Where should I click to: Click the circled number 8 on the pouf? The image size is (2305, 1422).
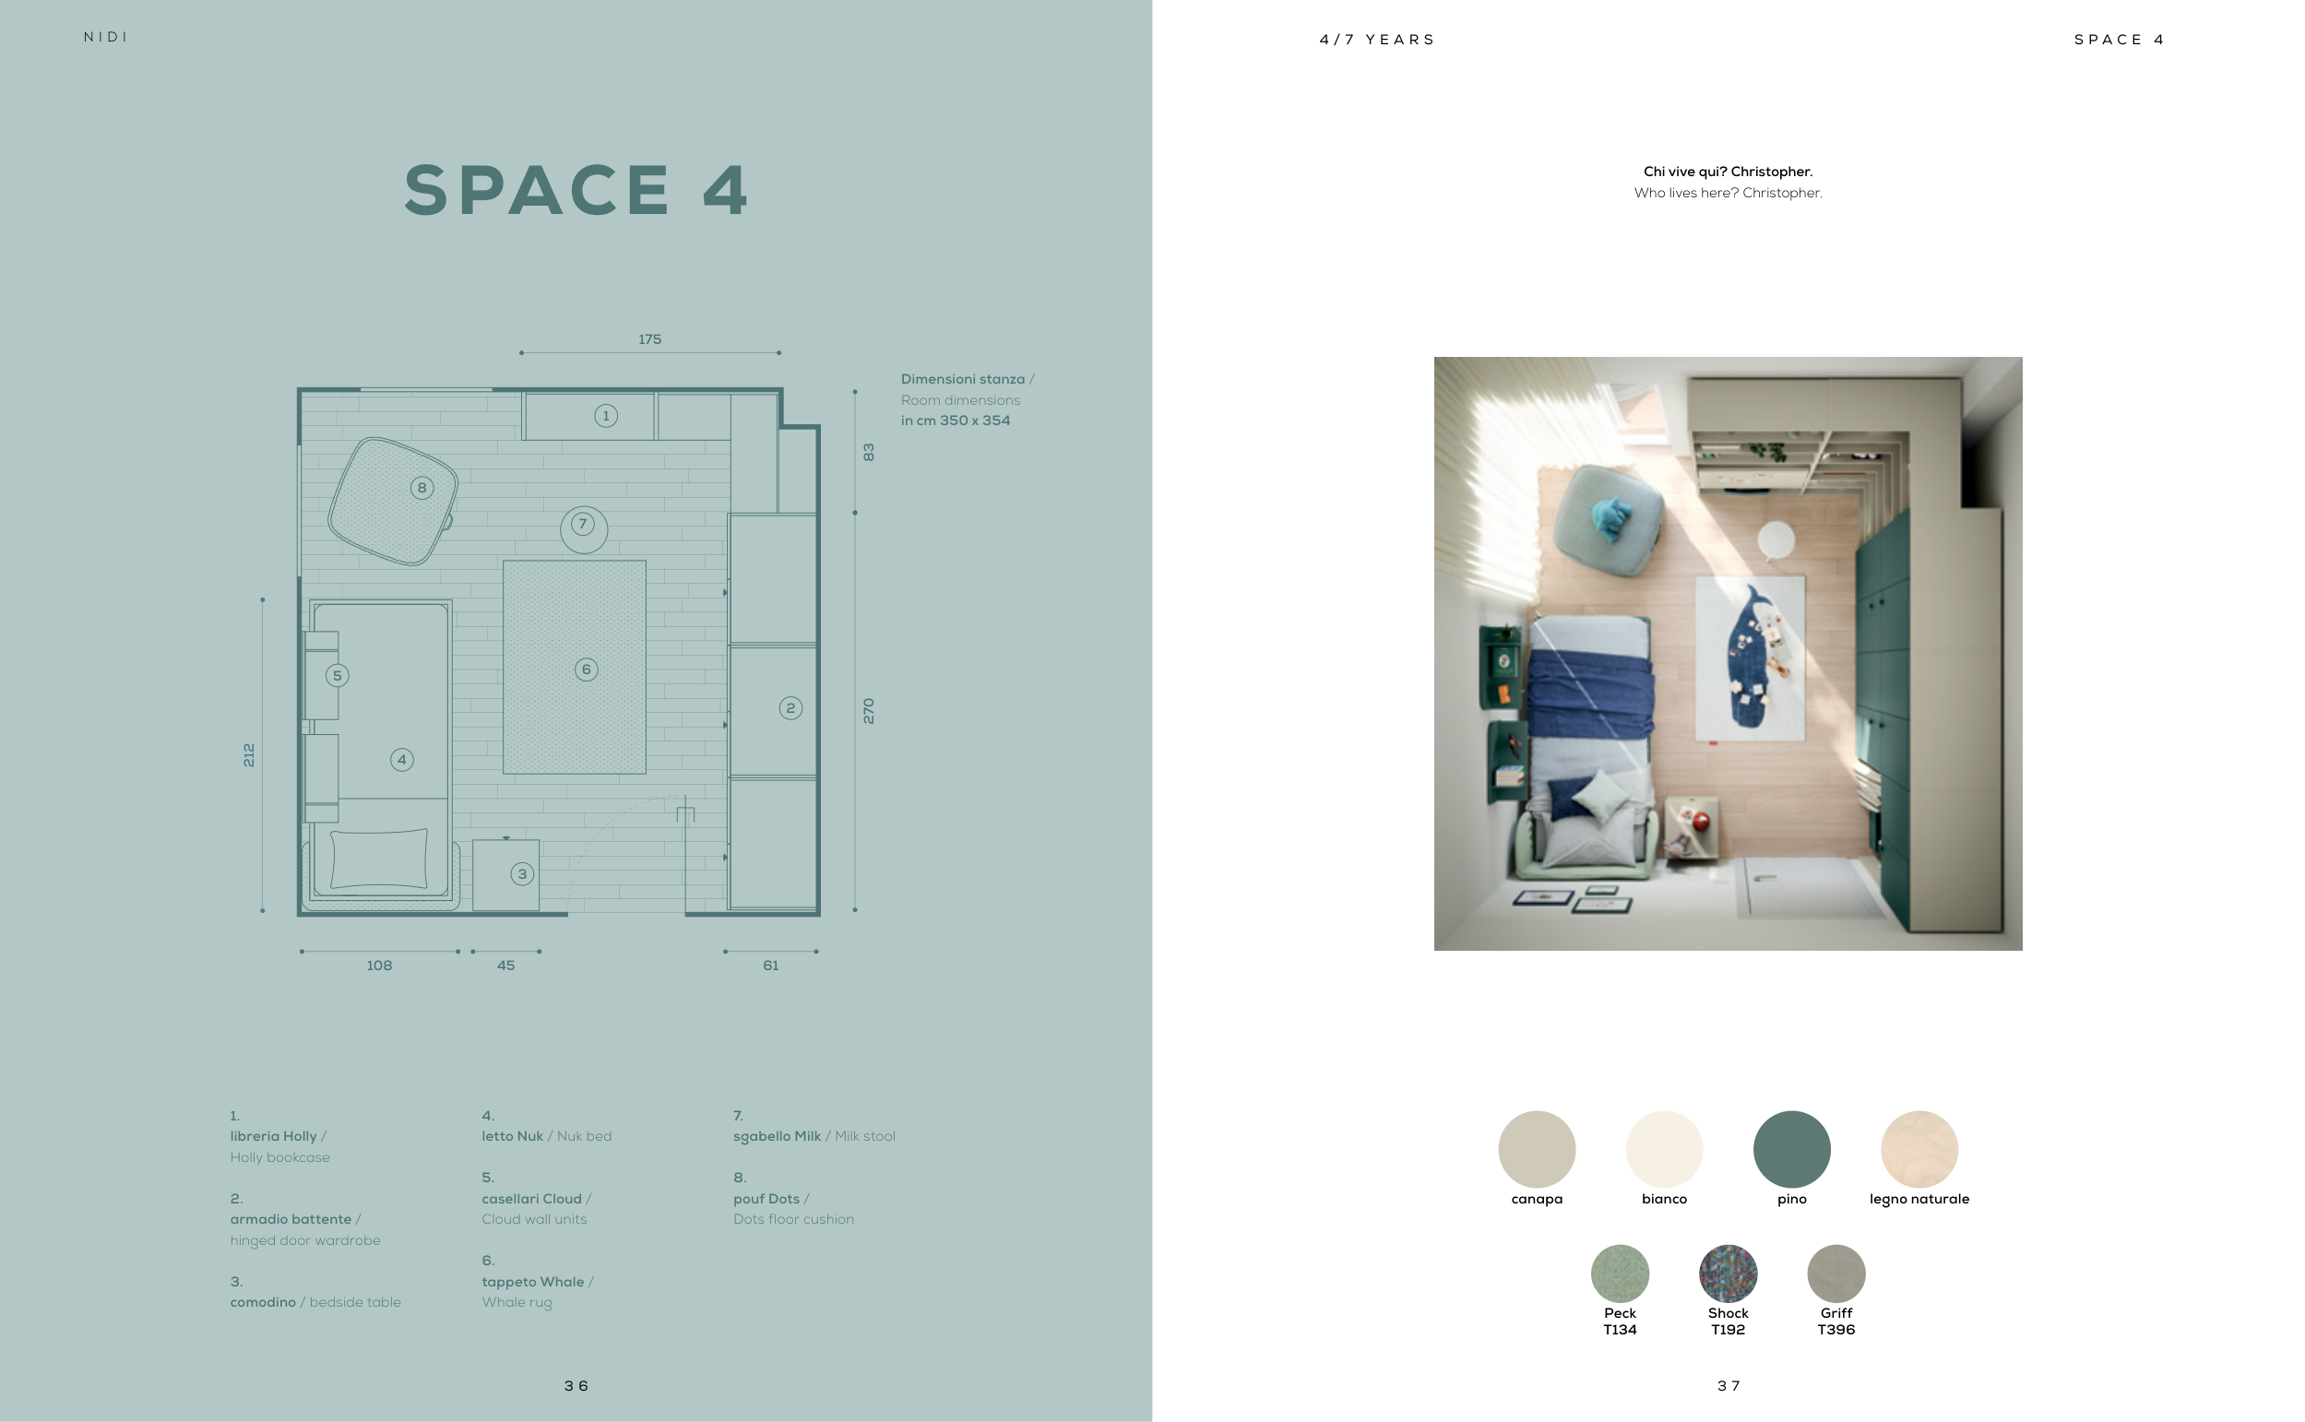tap(422, 487)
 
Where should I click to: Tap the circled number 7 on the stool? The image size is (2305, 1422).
tap(583, 524)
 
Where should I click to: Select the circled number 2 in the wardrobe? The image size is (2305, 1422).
tap(790, 708)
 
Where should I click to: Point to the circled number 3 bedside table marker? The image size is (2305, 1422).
tap(522, 873)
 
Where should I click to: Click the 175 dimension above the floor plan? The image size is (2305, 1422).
tap(650, 338)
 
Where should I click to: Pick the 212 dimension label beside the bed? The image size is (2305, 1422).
tap(248, 755)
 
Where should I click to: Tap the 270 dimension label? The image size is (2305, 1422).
tap(868, 711)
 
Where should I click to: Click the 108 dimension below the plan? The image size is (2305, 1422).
tap(379, 965)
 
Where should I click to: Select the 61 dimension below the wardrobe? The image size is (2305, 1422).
tap(770, 965)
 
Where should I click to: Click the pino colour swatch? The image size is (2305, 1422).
tap(1791, 1149)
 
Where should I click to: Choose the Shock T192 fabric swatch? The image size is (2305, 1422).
tap(1728, 1274)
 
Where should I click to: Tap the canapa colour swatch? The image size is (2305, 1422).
tap(1537, 1149)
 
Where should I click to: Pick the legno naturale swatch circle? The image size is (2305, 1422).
tap(1919, 1149)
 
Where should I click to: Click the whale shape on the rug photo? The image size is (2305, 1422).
tap(1748, 658)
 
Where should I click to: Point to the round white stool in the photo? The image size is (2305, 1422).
tap(1776, 539)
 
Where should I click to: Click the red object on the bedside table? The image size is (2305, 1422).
tap(1700, 821)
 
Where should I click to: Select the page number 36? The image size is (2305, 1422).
tap(576, 1385)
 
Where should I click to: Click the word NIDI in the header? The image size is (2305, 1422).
tap(105, 37)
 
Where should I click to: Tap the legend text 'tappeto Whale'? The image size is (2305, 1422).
tap(532, 1282)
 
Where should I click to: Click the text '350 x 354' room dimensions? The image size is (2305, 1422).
tap(975, 421)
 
